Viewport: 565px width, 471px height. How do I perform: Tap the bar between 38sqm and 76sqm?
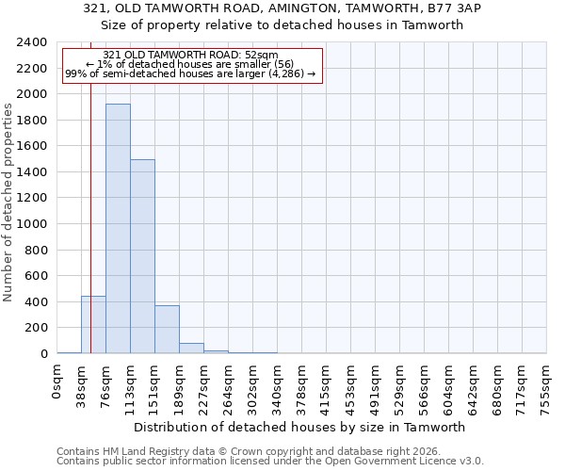93,325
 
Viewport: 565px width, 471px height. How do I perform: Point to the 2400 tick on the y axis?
33,43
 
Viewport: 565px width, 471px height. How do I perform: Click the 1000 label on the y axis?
33,224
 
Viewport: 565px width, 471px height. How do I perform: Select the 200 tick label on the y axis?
37,328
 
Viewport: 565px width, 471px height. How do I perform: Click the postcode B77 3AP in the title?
431,8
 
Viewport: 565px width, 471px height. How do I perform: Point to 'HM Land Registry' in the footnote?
131,451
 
